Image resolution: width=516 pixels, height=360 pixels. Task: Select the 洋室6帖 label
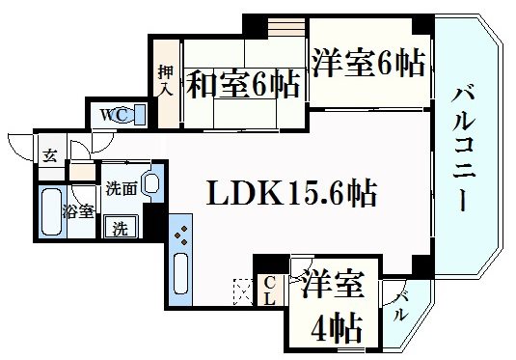(x=367, y=66)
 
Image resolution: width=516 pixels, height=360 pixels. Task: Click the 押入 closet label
(x=165, y=81)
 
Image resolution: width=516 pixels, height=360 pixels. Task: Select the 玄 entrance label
(x=48, y=154)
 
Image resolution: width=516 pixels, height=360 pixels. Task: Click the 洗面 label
(x=121, y=187)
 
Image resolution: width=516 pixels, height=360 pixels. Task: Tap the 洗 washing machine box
(x=120, y=229)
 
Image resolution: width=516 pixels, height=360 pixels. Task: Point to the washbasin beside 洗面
(x=150, y=183)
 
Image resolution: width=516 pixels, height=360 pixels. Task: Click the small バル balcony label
(x=399, y=307)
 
